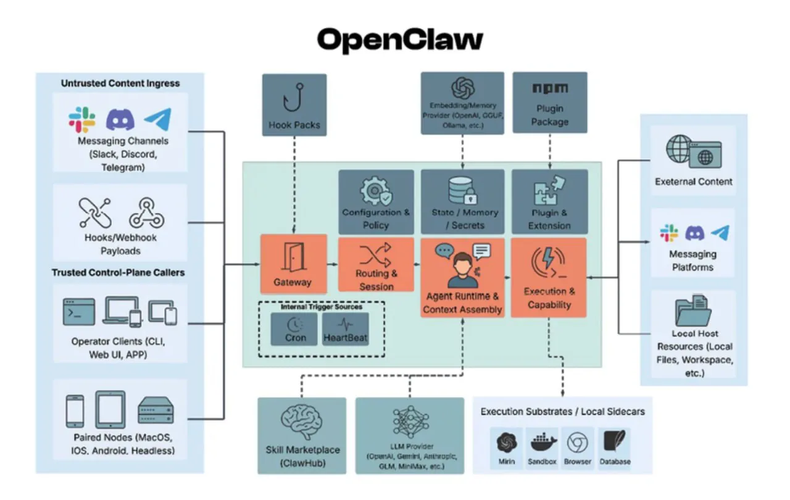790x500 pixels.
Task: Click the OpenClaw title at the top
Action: (400, 40)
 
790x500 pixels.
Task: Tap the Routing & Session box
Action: (376, 264)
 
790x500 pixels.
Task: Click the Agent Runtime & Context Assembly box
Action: (462, 278)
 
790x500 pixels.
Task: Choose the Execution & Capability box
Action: (549, 278)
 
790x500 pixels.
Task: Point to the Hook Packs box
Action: (294, 105)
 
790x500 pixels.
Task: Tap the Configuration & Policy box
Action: (376, 202)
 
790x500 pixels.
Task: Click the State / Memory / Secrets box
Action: (464, 202)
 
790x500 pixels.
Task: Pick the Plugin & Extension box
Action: (549, 202)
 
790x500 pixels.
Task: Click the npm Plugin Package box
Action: (549, 102)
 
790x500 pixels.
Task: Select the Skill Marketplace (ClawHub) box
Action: (302, 435)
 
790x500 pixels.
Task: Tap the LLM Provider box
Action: (410, 435)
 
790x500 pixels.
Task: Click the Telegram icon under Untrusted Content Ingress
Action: (157, 120)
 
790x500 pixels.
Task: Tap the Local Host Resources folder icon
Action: (694, 310)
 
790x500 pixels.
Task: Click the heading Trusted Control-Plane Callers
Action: (118, 272)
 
